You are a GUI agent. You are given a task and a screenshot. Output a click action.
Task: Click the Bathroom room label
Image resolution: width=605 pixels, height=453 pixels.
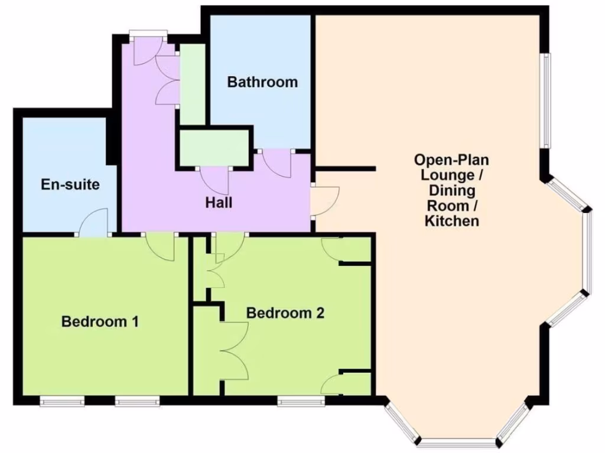click(262, 82)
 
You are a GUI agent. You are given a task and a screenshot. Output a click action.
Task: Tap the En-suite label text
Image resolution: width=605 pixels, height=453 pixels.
click(70, 185)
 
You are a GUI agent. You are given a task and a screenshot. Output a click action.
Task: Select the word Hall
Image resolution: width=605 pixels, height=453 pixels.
click(219, 203)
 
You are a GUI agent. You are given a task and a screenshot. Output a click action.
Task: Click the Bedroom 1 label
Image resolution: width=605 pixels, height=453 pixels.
click(100, 321)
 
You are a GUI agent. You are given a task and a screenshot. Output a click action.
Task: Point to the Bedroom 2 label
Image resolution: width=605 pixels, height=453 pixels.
click(285, 313)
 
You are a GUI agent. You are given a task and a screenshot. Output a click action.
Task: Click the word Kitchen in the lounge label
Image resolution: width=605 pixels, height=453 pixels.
click(451, 221)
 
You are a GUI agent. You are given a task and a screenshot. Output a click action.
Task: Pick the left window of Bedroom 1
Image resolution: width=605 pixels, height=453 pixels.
click(62, 402)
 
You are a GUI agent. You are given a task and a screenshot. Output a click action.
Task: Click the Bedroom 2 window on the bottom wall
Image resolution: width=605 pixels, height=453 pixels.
click(301, 402)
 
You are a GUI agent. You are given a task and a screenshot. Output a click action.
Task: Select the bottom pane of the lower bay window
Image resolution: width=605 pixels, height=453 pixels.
click(458, 442)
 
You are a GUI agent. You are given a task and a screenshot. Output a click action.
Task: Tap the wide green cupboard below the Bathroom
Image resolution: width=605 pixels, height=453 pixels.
click(214, 147)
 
